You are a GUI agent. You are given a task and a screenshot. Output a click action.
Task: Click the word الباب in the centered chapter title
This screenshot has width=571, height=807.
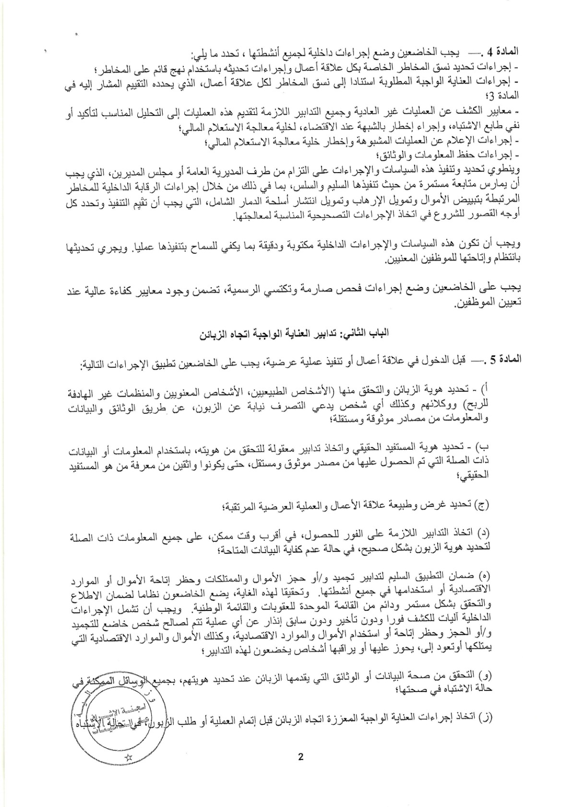coord(374,332)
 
